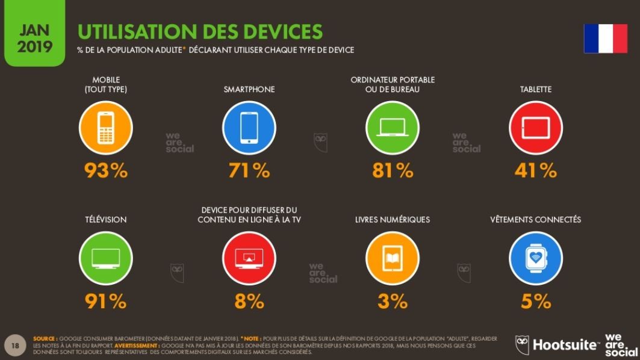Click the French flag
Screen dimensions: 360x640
point(605,39)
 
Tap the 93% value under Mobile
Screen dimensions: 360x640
point(106,171)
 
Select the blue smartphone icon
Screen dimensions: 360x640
point(249,128)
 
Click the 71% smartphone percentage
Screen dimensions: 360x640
point(249,171)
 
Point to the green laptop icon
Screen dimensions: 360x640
point(392,128)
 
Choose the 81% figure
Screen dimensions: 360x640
point(393,171)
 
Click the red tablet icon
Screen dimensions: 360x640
point(535,128)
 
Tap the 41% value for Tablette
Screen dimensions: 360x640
point(535,171)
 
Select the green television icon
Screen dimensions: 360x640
point(105,258)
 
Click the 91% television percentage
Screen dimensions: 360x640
point(106,301)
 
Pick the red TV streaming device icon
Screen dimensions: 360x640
point(249,258)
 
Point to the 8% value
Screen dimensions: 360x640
point(249,301)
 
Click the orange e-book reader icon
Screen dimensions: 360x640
point(392,258)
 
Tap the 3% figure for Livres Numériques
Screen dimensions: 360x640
point(393,301)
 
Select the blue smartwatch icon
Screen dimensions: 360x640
point(535,258)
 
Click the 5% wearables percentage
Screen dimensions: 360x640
point(536,301)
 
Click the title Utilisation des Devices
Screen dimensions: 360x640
point(200,32)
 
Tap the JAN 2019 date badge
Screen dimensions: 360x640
point(34,38)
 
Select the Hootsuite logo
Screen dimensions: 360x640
point(558,345)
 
